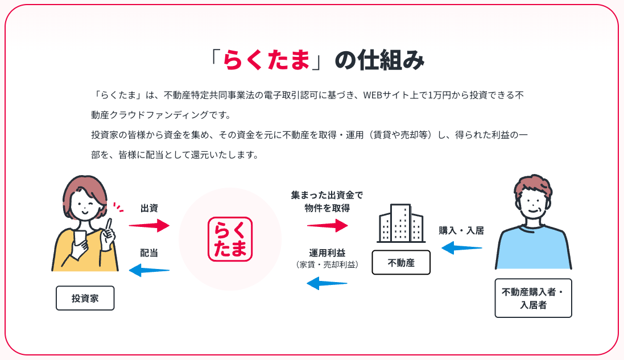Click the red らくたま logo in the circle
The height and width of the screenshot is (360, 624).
(x=230, y=239)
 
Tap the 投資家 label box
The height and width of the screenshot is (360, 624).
(x=85, y=298)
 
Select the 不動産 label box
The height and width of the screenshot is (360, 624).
(x=401, y=263)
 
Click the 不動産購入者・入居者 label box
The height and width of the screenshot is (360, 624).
(x=533, y=298)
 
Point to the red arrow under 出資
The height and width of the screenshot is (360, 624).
(x=149, y=226)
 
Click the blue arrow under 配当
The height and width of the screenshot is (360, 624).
(x=149, y=270)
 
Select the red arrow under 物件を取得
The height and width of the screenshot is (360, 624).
(x=327, y=226)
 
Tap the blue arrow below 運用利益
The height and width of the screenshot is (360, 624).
(x=327, y=282)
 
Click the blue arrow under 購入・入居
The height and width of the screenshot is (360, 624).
(x=462, y=247)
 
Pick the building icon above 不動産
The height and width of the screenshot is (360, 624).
(x=401, y=224)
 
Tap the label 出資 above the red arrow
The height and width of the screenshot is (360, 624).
(x=149, y=208)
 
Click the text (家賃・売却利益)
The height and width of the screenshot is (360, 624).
(x=327, y=264)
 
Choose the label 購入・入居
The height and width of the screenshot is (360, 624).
(x=461, y=230)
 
